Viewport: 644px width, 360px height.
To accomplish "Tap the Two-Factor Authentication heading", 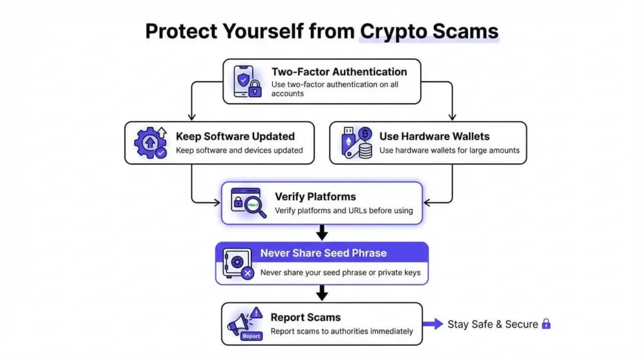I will click(339, 72).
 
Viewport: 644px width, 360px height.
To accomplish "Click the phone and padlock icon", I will click(247, 82).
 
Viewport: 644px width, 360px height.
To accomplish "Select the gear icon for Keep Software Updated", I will click(150, 143).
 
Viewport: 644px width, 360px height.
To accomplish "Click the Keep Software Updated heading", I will click(235, 136).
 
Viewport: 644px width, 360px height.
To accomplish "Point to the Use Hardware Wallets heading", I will click(434, 136).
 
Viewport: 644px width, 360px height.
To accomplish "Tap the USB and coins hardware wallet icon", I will click(356, 143).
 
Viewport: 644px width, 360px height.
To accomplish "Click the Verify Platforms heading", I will click(315, 196).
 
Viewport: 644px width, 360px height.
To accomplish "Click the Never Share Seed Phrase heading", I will click(323, 253).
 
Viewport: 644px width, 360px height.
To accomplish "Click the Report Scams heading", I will click(305, 317).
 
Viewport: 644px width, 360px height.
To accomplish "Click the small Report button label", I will click(251, 336).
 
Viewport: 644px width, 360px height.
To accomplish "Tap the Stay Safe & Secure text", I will click(492, 324).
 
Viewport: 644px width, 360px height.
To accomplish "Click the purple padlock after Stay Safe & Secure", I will click(546, 323).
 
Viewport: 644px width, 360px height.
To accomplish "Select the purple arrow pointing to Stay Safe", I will click(433, 324).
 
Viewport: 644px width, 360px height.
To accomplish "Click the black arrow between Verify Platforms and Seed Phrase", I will click(322, 233).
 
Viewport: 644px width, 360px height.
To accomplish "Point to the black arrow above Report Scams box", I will click(322, 293).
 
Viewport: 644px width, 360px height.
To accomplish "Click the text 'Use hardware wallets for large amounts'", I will click(449, 150).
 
